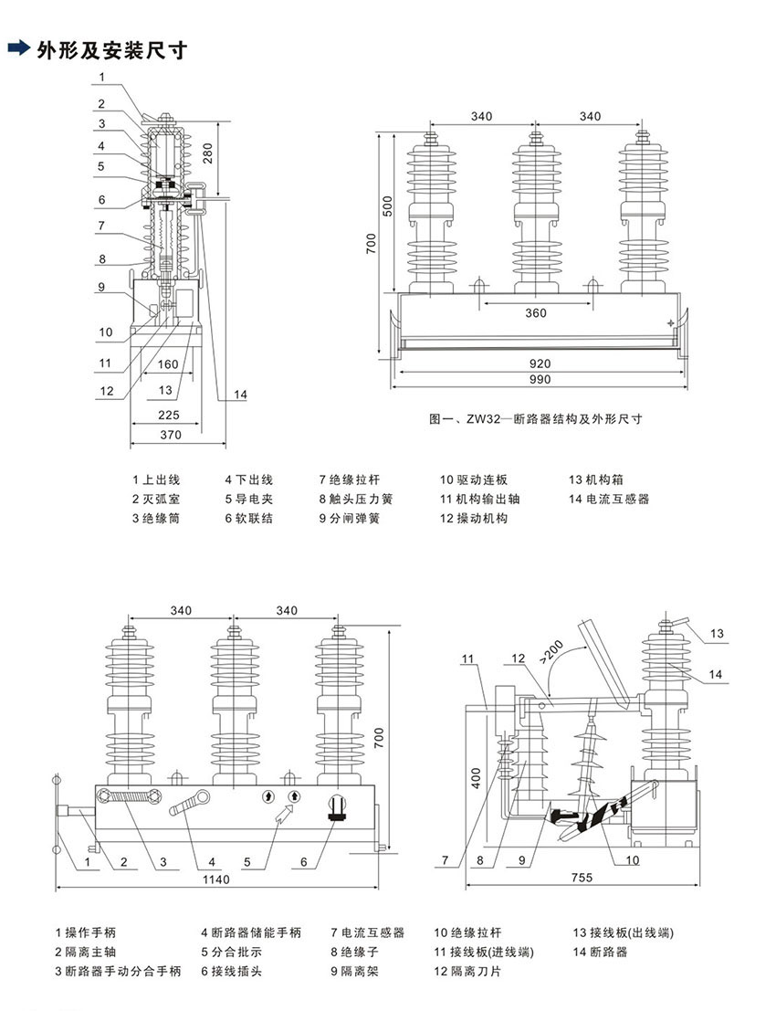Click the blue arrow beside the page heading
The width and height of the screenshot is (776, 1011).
(18, 48)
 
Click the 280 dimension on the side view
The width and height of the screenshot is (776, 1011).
(208, 153)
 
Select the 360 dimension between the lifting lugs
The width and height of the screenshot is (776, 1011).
(536, 312)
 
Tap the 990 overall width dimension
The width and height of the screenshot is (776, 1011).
(540, 379)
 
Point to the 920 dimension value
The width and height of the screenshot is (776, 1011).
(540, 363)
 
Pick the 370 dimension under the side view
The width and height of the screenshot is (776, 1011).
(171, 435)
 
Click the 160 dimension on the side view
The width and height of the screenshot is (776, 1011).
(168, 364)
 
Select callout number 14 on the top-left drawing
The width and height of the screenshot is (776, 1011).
(240, 394)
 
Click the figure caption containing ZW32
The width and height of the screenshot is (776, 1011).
(536, 418)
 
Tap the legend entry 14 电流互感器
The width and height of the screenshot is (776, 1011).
(608, 499)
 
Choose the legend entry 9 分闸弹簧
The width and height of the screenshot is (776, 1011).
(350, 518)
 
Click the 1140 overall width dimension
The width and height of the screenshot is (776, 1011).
(216, 879)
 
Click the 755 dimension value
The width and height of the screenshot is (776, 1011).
(582, 878)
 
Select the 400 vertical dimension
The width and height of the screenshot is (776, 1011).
(477, 778)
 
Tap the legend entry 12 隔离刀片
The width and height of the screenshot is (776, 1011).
(467, 971)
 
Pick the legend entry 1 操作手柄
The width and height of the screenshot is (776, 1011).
(86, 932)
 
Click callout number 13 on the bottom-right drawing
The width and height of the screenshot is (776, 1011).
(717, 633)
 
